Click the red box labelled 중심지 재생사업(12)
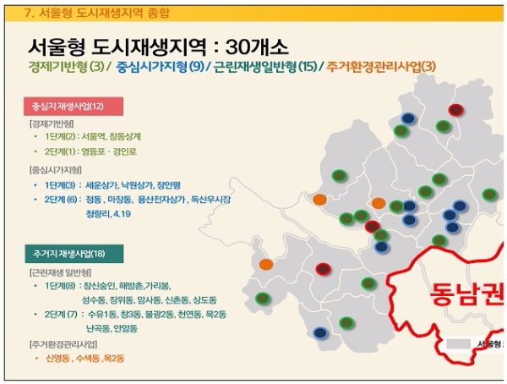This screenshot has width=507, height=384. click(74, 107)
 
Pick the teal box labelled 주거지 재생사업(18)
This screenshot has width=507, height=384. click(74, 253)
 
